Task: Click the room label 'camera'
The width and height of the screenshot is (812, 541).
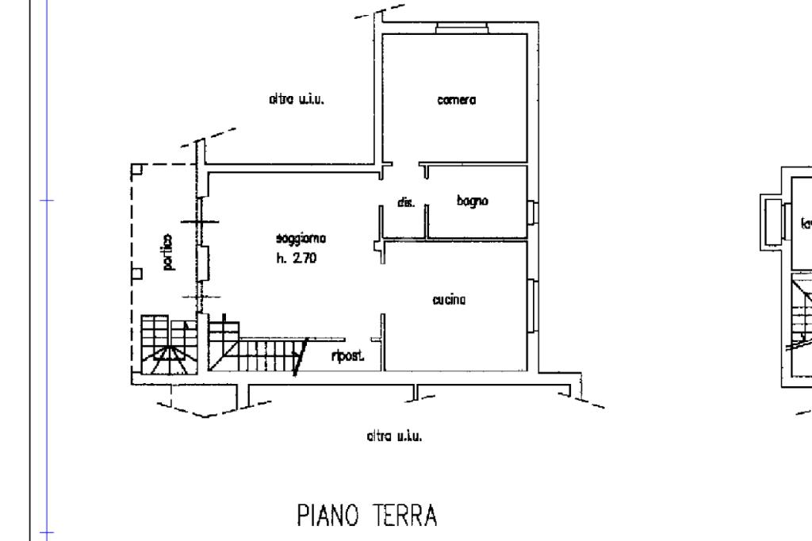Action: [457, 100]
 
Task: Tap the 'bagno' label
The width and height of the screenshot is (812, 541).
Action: [473, 201]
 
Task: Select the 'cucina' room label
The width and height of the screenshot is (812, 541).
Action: [449, 300]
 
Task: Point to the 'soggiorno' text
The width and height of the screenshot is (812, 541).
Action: [301, 238]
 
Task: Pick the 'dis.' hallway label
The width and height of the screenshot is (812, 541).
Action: [406, 203]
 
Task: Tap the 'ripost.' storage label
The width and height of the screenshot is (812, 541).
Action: [347, 357]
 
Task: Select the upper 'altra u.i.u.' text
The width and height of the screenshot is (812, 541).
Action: [298, 100]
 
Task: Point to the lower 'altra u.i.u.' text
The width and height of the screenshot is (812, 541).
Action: [393, 435]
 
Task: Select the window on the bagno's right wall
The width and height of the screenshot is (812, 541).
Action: [532, 212]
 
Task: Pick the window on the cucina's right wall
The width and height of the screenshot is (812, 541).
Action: [532, 305]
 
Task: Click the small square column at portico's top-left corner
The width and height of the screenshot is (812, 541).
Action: [136, 169]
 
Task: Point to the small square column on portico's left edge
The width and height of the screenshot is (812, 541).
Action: [136, 274]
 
